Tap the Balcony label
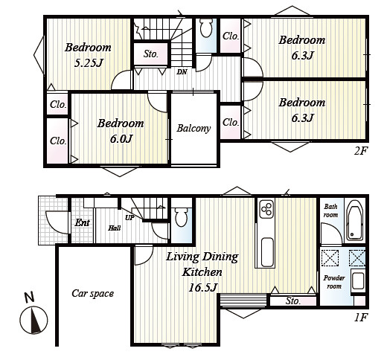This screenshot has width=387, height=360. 193,129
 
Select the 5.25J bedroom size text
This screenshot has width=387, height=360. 89,63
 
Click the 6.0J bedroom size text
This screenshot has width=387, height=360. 121,138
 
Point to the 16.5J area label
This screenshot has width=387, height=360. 203,288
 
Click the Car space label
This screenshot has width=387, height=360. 93,294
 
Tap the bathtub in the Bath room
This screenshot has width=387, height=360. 355,220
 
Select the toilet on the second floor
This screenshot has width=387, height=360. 206,28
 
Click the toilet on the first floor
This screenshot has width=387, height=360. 181,217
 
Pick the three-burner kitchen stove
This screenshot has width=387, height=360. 266,210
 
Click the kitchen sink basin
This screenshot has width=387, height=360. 267,252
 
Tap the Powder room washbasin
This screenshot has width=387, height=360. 357,281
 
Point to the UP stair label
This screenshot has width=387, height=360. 129,218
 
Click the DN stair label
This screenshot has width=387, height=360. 182,72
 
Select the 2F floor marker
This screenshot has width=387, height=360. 360,151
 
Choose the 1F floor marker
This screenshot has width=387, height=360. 361,318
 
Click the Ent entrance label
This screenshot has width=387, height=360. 82,222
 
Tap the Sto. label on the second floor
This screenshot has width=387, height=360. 150,54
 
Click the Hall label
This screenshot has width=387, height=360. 115,228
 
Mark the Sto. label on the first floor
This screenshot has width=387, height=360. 293,301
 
